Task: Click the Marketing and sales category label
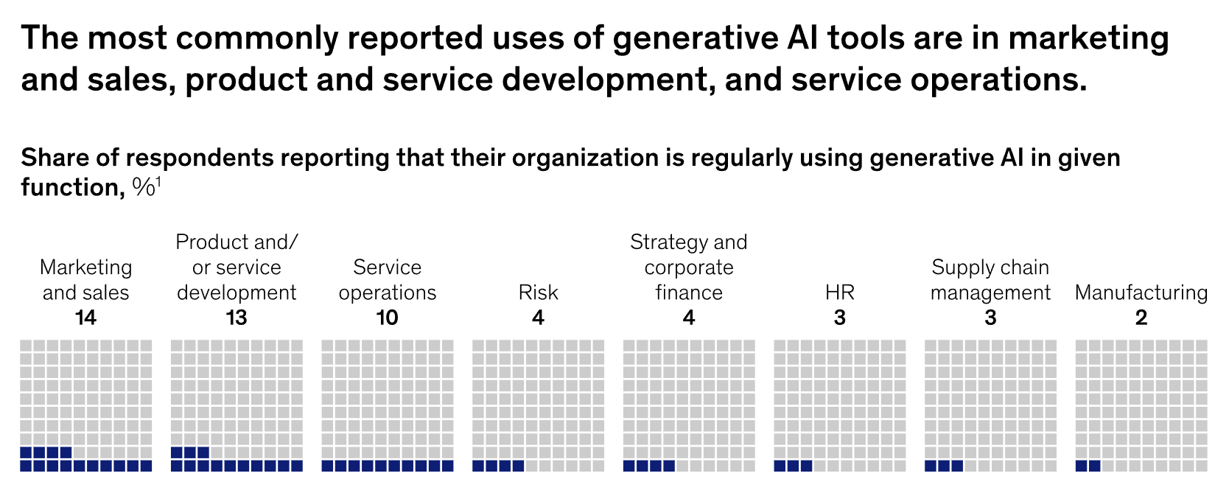tap(85, 280)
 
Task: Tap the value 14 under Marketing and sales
tap(85, 318)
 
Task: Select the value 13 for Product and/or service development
tap(237, 318)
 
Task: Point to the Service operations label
tap(388, 280)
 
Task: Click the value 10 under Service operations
tap(388, 318)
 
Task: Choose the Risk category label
tap(538, 293)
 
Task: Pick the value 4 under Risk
tap(538, 318)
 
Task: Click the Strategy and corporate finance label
tap(689, 267)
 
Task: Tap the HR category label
tap(840, 293)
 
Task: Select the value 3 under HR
tap(840, 318)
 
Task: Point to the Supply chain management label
tap(990, 280)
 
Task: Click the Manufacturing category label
tap(1141, 293)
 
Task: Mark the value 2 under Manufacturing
tap(1141, 318)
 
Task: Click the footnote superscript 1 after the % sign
tap(158, 182)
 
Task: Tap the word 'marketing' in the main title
tap(1088, 38)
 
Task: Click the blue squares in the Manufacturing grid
tap(1088, 466)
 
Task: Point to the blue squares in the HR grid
tap(794, 466)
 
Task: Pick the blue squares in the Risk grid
tap(498, 466)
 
